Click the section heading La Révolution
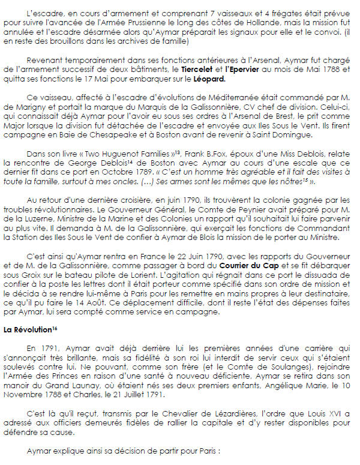28,329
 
